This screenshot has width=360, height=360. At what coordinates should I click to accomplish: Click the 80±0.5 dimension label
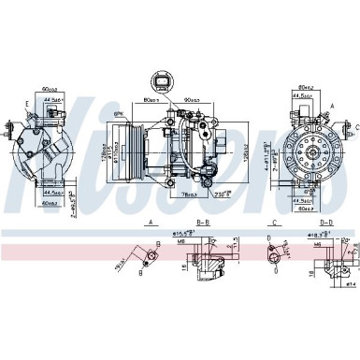(152, 100)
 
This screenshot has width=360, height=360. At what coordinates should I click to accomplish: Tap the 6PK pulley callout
(120, 113)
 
